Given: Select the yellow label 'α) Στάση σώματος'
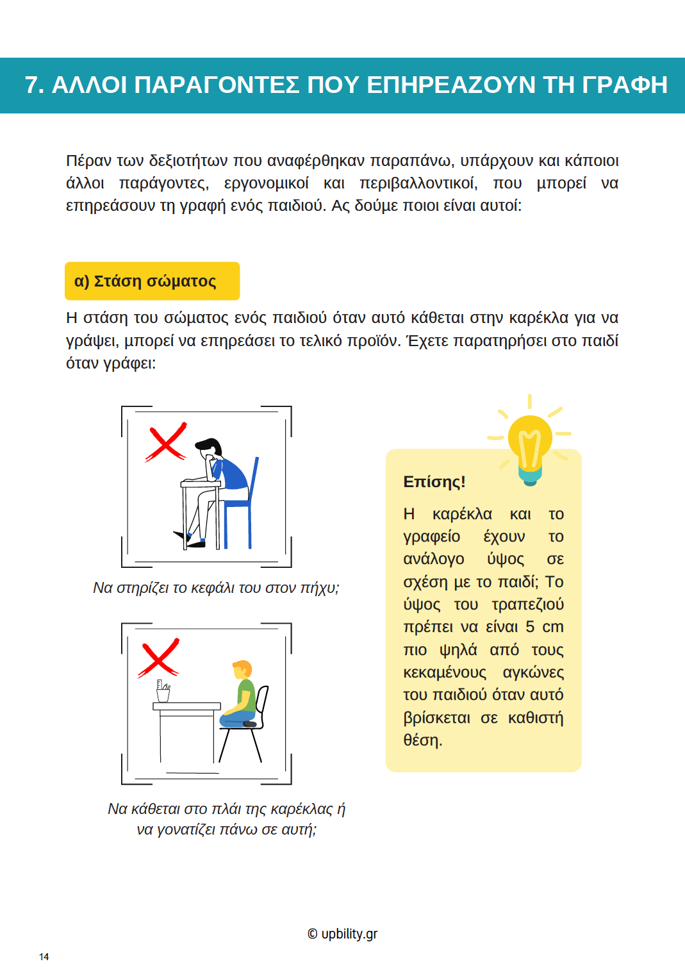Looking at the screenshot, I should [152, 281].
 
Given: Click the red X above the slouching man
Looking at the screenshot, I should [166, 442].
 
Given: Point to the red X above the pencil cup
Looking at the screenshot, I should [159, 658].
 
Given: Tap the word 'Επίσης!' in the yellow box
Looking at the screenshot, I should [434, 482].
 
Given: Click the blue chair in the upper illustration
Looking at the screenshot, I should [242, 506].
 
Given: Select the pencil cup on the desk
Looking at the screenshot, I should [163, 692].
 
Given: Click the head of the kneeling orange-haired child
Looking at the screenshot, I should [242, 670].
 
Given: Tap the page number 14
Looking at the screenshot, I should [44, 957].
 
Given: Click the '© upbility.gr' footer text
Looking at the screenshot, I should [342, 934].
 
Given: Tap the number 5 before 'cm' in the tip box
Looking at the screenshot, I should [530, 627].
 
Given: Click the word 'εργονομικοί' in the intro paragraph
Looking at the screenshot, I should [266, 183].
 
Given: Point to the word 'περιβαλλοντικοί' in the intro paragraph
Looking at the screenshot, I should [418, 183].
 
